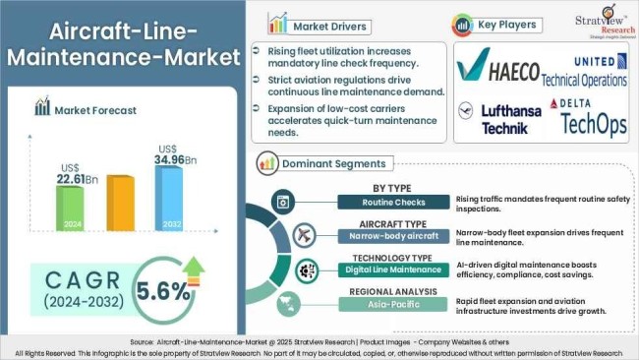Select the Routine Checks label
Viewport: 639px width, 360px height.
[391, 203]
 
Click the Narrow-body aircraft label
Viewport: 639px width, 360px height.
[391, 236]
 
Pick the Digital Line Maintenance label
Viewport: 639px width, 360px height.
[391, 270]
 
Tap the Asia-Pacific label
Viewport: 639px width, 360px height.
[391, 305]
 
